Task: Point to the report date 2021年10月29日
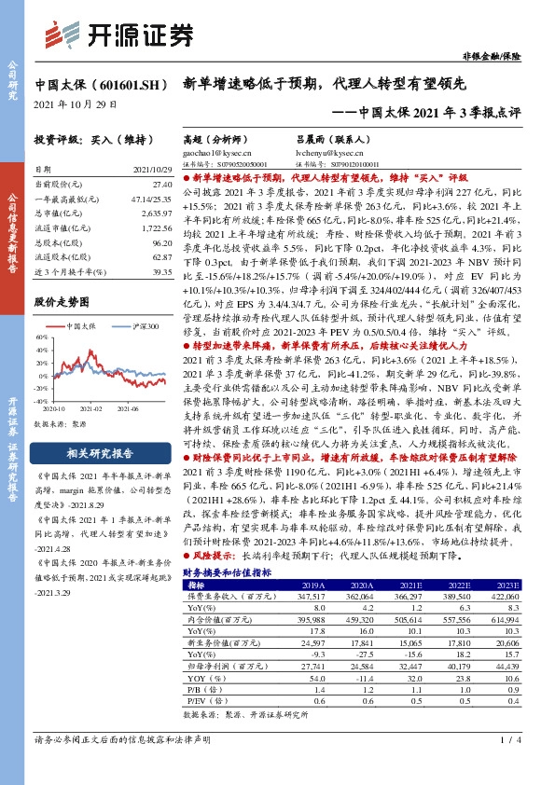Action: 76,103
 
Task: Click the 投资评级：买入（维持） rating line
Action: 92,139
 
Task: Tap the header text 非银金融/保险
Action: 517,57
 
